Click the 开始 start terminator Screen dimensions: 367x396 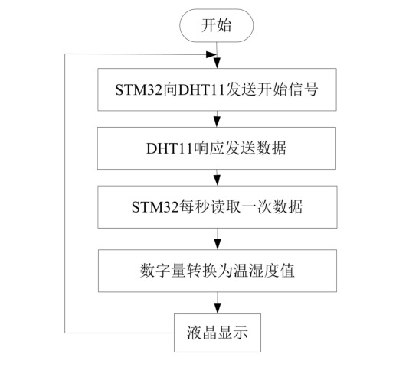click(x=218, y=25)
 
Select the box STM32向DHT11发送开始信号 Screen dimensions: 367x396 click(x=218, y=89)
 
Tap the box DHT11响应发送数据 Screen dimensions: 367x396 click(x=218, y=148)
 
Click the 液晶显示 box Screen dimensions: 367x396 click(x=218, y=333)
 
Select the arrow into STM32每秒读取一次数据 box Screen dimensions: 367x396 click(x=218, y=179)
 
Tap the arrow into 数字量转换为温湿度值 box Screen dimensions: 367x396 click(x=218, y=240)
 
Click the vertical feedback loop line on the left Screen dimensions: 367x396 click(x=65, y=191)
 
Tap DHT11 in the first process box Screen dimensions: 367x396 click(x=191, y=89)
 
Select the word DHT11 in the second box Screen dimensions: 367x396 click(x=174, y=148)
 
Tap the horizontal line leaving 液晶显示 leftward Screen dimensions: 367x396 click(x=119, y=332)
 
